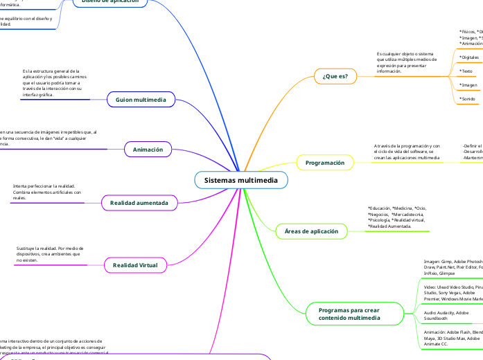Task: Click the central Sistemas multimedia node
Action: point(240,180)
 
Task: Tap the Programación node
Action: point(325,163)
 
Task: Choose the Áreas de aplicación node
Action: point(312,231)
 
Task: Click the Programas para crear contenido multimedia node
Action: point(349,314)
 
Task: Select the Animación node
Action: point(148,149)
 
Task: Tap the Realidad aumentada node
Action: point(139,203)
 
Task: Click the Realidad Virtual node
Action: point(135,264)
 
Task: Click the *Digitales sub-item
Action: point(469,57)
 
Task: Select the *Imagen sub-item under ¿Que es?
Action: point(469,85)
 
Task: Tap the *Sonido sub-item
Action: point(468,99)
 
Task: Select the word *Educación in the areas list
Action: point(379,208)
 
